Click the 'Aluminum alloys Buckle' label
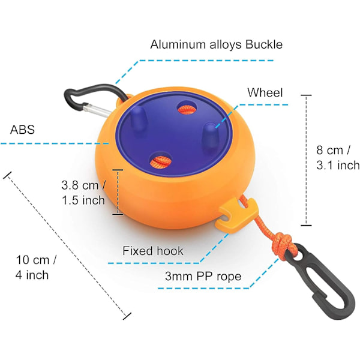click(216, 44)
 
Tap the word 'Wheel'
click(265, 93)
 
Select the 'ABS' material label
click(22, 130)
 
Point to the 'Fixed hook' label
click(153, 251)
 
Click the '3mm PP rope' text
click(203, 276)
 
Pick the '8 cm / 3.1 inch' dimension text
click(338, 157)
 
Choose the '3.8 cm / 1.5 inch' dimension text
click(83, 193)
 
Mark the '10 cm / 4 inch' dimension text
click(36, 268)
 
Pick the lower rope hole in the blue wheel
click(161, 160)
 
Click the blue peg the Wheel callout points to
click(211, 136)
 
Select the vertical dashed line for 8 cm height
click(306, 160)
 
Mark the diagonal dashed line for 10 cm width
click(67, 245)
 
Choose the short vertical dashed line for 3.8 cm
click(118, 193)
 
